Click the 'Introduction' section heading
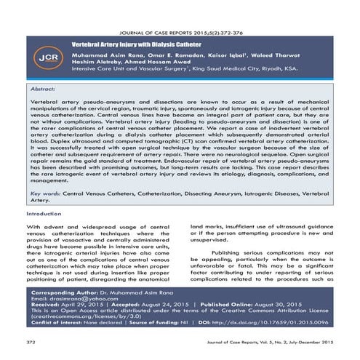(x=44, y=215)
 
